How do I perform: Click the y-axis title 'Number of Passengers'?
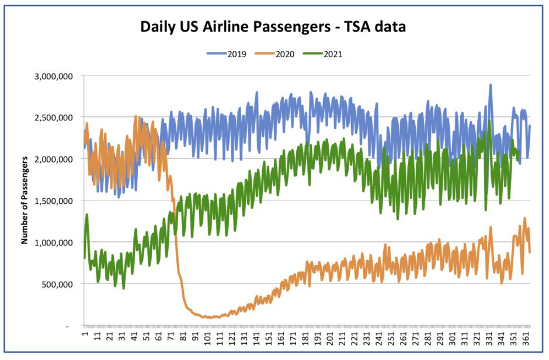coord(25,200)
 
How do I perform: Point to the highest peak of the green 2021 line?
coord(489,122)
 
